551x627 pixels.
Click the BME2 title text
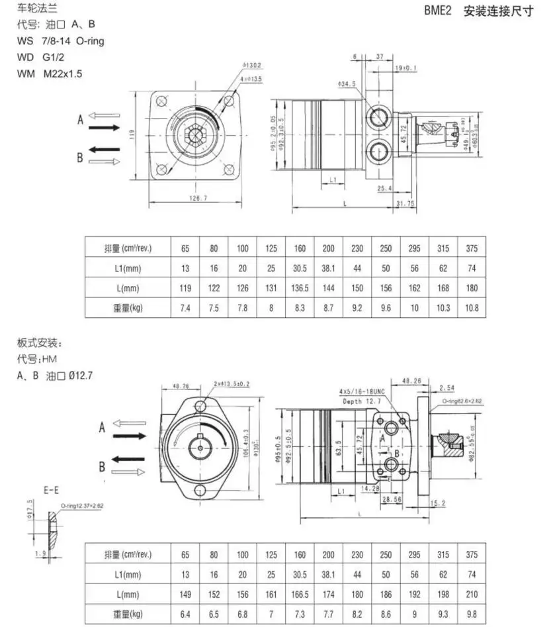439,12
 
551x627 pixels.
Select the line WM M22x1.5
50,73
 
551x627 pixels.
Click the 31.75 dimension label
405,203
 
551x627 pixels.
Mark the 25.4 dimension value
384,189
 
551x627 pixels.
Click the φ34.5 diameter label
347,84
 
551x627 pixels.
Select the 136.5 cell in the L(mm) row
300,289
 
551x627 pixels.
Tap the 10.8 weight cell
471,309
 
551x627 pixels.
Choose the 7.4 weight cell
186,309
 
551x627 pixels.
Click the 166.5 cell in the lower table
300,595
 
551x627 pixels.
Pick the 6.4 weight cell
186,615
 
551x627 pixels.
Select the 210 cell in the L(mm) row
471,595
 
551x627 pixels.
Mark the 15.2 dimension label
438,503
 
